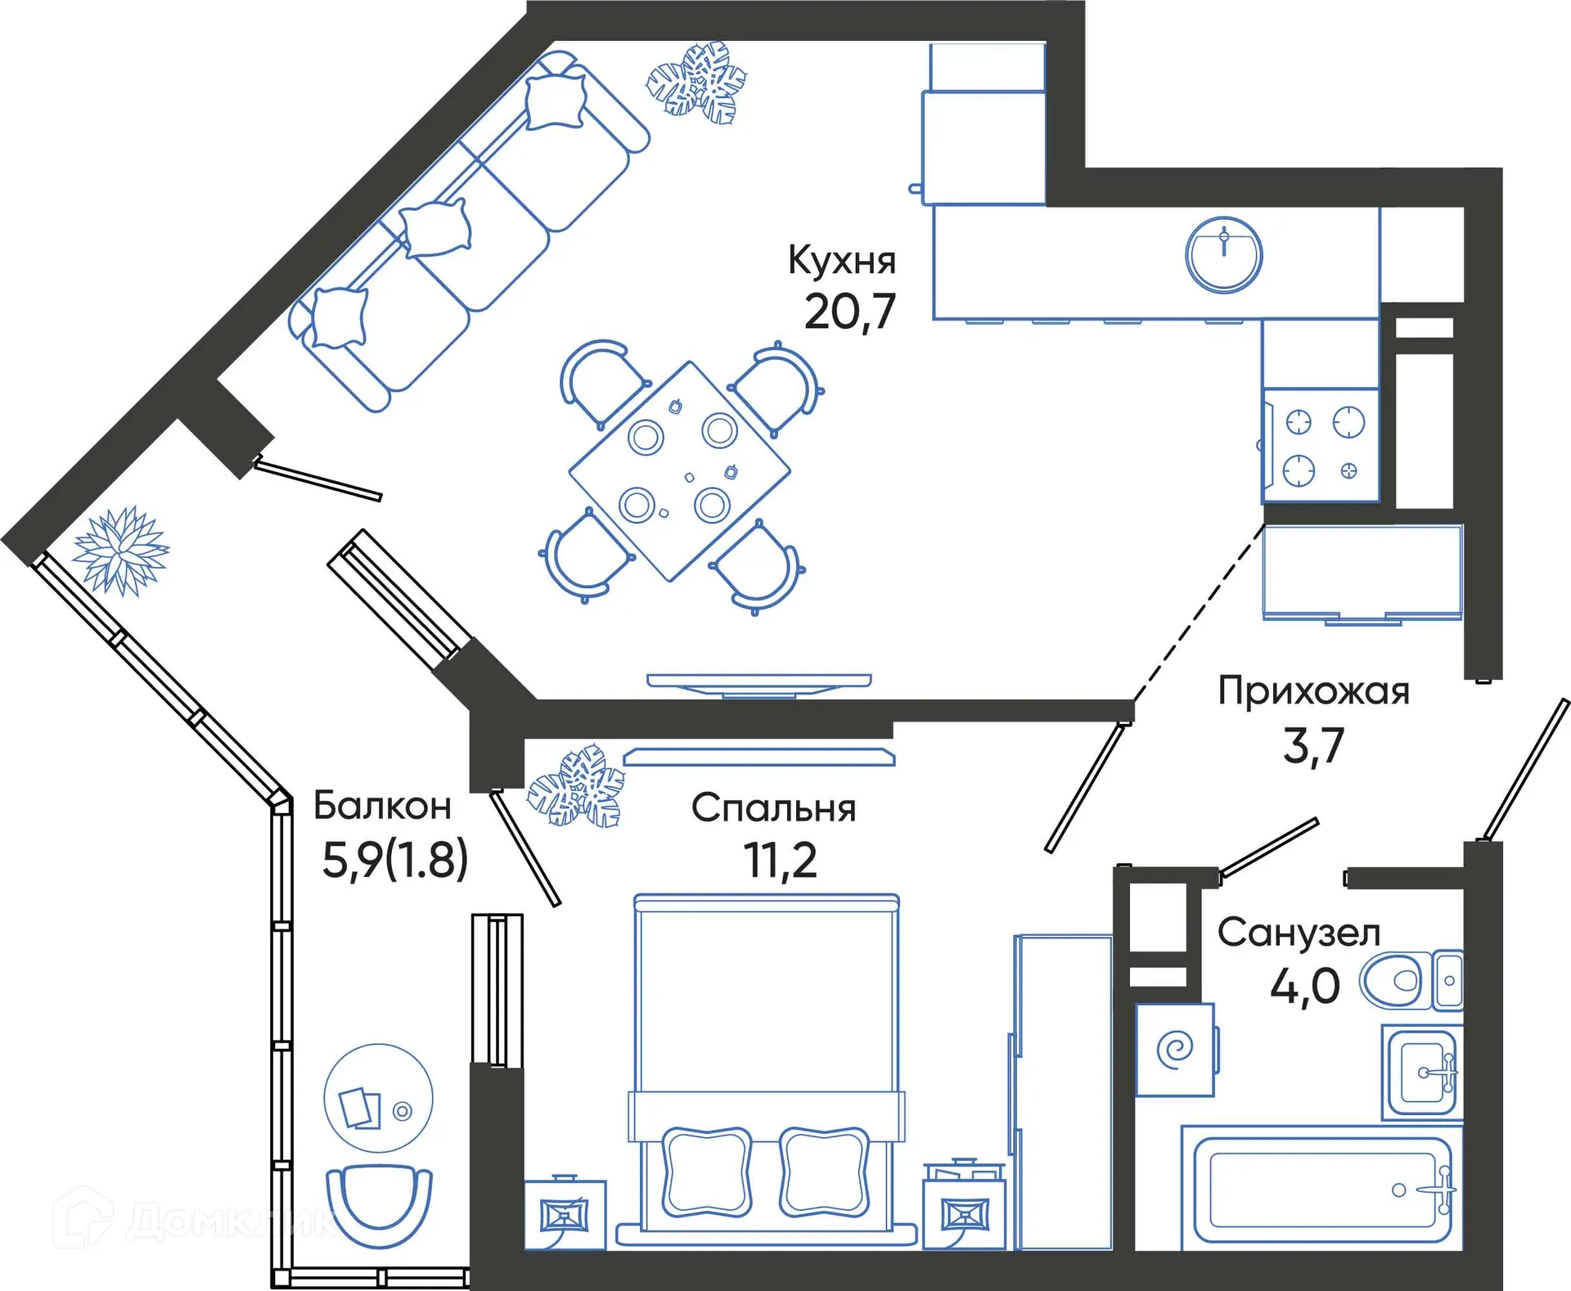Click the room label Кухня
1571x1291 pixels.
[842, 260]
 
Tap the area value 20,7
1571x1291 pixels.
[849, 313]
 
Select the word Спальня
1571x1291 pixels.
[773, 808]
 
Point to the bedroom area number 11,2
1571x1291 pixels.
[780, 861]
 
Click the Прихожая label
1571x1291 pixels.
[1313, 691]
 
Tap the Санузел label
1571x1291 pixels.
[1299, 933]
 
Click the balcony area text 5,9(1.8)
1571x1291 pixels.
[395, 860]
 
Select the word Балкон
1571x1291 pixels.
[382, 806]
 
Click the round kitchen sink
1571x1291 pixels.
[1223, 255]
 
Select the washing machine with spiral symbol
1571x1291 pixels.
[1175, 1050]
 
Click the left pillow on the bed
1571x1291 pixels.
[706, 1172]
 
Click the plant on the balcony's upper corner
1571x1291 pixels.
[121, 550]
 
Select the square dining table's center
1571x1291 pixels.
[680, 471]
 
